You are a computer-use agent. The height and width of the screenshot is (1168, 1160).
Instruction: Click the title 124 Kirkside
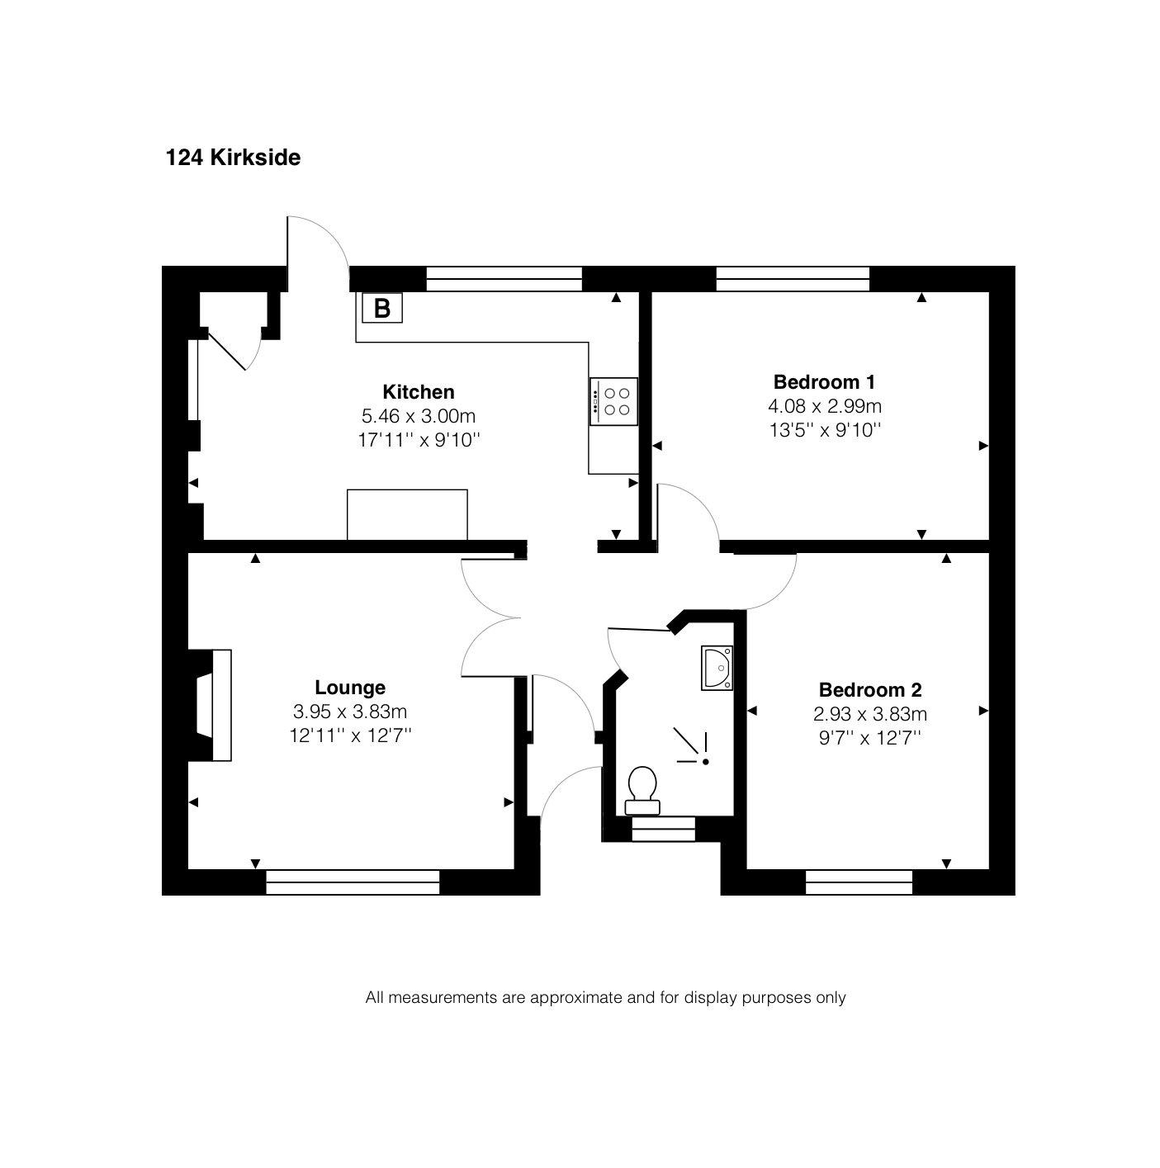click(x=233, y=158)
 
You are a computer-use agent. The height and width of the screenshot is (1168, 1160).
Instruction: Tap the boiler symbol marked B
click(x=382, y=308)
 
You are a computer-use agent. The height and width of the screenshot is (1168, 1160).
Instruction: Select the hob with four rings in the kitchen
click(x=613, y=401)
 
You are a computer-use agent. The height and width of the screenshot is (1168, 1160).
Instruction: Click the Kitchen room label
click(x=419, y=392)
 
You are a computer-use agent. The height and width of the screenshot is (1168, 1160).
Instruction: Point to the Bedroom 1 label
click(x=824, y=382)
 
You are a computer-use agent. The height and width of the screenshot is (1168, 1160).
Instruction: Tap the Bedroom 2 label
click(x=870, y=690)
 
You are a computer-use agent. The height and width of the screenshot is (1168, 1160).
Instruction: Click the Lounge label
click(x=350, y=688)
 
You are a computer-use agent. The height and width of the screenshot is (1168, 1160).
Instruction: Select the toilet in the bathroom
click(x=642, y=791)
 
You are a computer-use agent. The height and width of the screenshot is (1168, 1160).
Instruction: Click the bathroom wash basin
click(x=717, y=668)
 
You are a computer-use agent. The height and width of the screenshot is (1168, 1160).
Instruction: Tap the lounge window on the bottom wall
click(x=353, y=882)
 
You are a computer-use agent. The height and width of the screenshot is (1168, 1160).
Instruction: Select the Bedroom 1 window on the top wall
click(x=793, y=279)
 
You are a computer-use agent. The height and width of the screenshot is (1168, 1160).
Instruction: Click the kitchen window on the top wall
click(x=504, y=279)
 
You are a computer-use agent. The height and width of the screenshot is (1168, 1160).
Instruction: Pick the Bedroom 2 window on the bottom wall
click(x=859, y=882)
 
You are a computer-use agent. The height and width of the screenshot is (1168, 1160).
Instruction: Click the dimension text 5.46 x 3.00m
click(x=419, y=416)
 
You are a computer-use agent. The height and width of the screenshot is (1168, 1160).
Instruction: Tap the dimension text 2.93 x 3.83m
click(x=870, y=714)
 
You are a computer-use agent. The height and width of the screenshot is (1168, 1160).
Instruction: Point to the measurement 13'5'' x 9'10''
click(x=825, y=430)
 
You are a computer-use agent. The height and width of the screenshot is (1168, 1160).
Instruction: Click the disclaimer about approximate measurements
click(x=605, y=997)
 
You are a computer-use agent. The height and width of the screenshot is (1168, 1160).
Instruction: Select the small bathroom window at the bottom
click(x=663, y=829)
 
